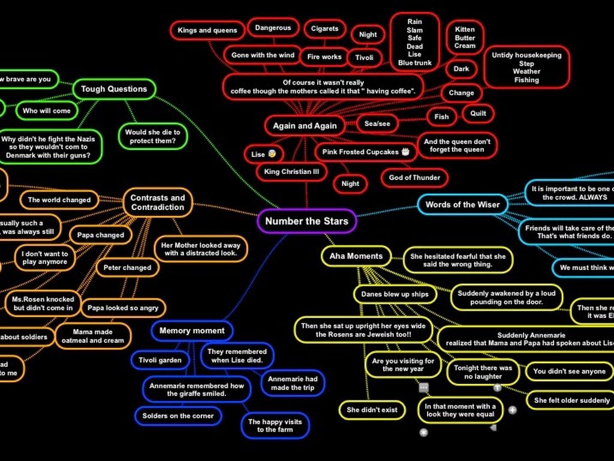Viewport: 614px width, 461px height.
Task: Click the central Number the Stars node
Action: pyautogui.click(x=306, y=221)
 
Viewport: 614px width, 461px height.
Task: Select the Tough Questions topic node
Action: pyautogui.click(x=114, y=89)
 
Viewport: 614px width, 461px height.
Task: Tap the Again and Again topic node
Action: pyautogui.click(x=305, y=125)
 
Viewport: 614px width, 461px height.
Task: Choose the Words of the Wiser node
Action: pyautogui.click(x=462, y=204)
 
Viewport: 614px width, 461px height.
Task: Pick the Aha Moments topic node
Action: pyautogui.click(x=356, y=256)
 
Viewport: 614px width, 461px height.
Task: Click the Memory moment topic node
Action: pyautogui.click(x=192, y=330)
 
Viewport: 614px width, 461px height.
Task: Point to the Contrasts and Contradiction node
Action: pyautogui.click(x=158, y=202)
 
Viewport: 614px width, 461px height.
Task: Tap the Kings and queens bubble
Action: pyautogui.click(x=207, y=30)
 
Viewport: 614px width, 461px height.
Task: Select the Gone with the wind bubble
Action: pyautogui.click(x=263, y=55)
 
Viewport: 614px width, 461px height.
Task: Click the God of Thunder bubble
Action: pyautogui.click(x=414, y=178)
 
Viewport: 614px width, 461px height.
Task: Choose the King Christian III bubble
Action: pyautogui.click(x=296, y=172)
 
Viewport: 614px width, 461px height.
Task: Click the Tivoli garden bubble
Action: pyautogui.click(x=160, y=360)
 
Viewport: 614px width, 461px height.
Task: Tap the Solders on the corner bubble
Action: pyautogui.click(x=177, y=415)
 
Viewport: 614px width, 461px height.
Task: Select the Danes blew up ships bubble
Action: pyautogui.click(x=395, y=294)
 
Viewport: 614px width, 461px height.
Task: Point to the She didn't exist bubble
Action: pyautogui.click(x=372, y=410)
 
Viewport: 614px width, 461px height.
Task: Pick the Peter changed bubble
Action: pyautogui.click(x=127, y=268)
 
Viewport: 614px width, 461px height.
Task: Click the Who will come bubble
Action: pyautogui.click(x=46, y=110)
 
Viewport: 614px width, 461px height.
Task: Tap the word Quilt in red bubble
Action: pyautogui.click(x=478, y=113)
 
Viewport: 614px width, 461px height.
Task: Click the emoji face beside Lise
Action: pyautogui.click(x=272, y=154)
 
